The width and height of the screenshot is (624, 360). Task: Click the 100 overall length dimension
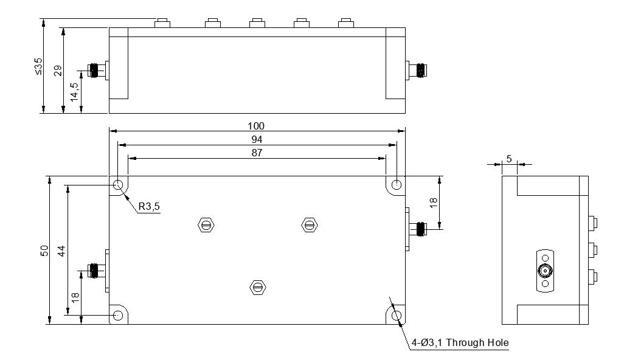[256, 126]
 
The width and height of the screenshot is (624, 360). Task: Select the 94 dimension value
[256, 139]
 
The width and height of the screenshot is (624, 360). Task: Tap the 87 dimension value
[256, 153]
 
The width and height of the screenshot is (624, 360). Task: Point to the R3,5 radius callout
[149, 206]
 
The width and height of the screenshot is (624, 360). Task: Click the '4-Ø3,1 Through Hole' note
[460, 343]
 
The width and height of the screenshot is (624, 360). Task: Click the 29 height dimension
[58, 71]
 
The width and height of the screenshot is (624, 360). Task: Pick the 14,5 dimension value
[75, 92]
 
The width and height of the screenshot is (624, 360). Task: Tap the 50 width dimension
[44, 251]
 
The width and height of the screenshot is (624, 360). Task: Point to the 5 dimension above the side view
[509, 159]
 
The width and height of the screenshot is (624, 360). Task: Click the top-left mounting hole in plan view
[118, 185]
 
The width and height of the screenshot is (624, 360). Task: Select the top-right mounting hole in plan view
[397, 185]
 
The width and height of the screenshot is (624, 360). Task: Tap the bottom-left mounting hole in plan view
[118, 316]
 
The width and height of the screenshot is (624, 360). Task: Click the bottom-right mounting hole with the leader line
[397, 316]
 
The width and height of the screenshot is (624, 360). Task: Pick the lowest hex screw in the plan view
[258, 287]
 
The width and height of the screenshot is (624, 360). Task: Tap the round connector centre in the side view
[545, 271]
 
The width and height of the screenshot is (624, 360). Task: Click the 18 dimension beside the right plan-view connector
[434, 202]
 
